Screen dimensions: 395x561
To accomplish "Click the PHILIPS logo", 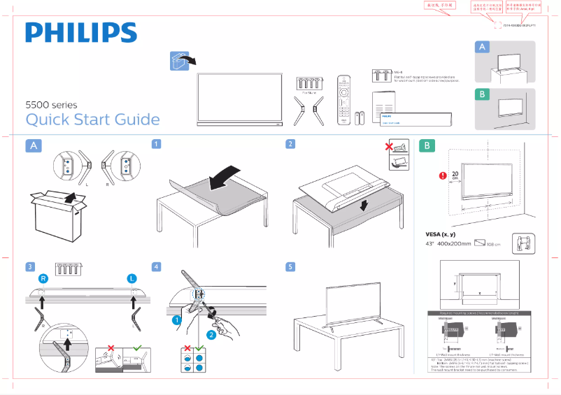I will [x=81, y=33].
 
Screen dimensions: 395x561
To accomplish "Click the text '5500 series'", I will [x=51, y=104].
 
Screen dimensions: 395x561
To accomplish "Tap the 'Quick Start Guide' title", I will [x=92, y=120].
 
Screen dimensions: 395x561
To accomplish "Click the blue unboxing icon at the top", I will [x=180, y=60].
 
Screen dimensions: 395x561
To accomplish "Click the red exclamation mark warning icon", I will [x=442, y=176].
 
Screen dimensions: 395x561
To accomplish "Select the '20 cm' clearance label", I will [x=455, y=175].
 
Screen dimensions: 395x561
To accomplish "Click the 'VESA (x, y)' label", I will [x=441, y=234].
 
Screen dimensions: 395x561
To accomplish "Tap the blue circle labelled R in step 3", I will [x=43, y=279].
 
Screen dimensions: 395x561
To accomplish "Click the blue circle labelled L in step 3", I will [x=132, y=279].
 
